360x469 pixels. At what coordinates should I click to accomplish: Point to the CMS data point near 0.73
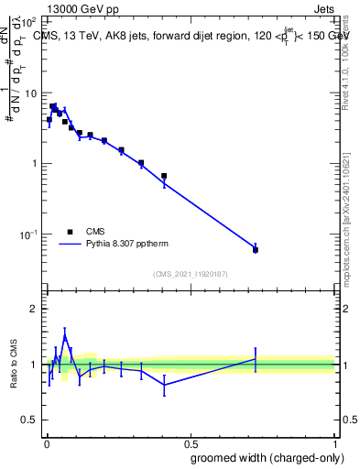[256, 250]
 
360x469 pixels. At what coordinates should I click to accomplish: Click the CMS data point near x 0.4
[164, 176]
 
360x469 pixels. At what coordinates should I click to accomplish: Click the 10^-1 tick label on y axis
[29, 234]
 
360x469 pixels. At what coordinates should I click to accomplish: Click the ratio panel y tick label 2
[36, 309]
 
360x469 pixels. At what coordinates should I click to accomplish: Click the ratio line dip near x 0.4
[164, 385]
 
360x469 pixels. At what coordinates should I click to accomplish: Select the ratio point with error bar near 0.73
[256, 358]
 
